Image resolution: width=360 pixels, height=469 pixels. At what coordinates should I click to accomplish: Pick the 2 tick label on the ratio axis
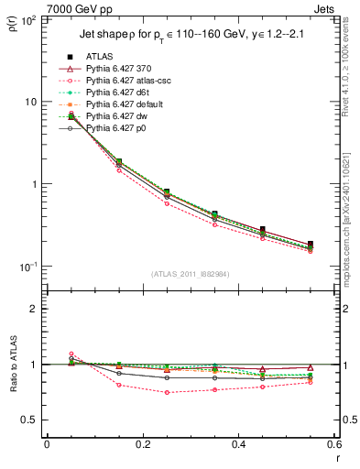pyautogui.click(x=35, y=309)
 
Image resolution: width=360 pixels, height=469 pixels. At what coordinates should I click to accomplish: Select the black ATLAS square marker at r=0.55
pyautogui.click(x=311, y=245)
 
